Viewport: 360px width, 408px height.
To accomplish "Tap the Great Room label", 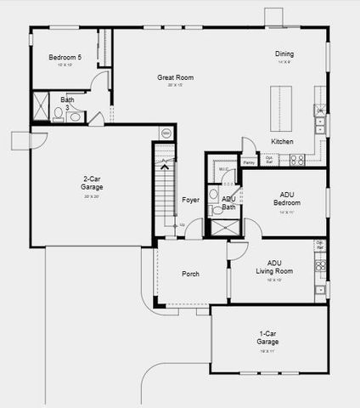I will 175,78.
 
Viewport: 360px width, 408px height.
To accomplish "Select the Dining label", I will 284,54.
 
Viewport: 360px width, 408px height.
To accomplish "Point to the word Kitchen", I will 283,141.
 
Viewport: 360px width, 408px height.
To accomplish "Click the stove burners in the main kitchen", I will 297,159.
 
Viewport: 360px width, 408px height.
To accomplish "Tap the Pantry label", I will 249,161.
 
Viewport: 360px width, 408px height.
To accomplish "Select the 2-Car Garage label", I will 93,183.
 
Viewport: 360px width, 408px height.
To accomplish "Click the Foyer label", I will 191,200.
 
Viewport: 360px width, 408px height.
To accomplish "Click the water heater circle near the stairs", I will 166,133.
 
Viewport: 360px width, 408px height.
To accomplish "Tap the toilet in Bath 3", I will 58,112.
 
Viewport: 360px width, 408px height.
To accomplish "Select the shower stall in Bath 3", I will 42,110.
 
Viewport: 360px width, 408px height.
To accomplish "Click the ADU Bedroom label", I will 286,198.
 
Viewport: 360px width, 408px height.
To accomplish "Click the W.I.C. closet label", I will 223,169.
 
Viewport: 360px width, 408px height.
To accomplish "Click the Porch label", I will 190,274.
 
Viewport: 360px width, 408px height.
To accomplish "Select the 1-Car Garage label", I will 268,337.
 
